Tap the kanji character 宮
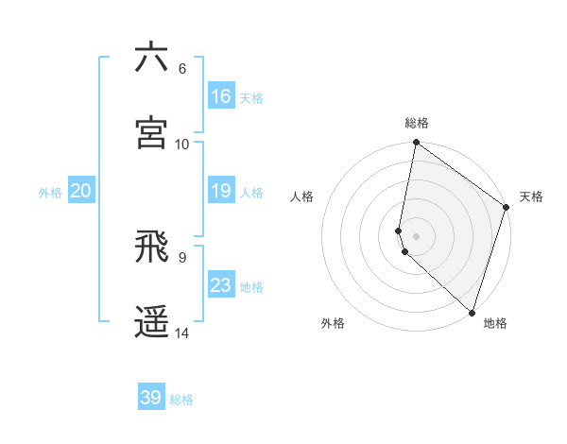pyautogui.click(x=151, y=132)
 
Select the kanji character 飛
pyautogui.click(x=151, y=248)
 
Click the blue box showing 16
pyautogui.click(x=221, y=95)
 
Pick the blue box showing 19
pyautogui.click(x=221, y=191)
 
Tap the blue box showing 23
pyautogui.click(x=221, y=285)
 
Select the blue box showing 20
pyautogui.click(x=81, y=191)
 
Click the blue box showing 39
pyautogui.click(x=151, y=398)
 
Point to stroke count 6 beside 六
pyautogui.click(x=182, y=68)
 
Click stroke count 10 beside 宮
pyautogui.click(x=182, y=144)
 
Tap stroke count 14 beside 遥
pyautogui.click(x=182, y=333)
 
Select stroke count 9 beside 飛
pyautogui.click(x=182, y=257)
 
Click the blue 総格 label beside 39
pyautogui.click(x=181, y=400)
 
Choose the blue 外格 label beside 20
pyautogui.click(x=50, y=193)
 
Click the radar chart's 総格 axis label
pyautogui.click(x=417, y=123)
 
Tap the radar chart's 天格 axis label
pyautogui.click(x=531, y=197)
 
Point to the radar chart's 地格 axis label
pyautogui.click(x=495, y=323)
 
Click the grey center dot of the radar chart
pyautogui.click(x=417, y=235)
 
